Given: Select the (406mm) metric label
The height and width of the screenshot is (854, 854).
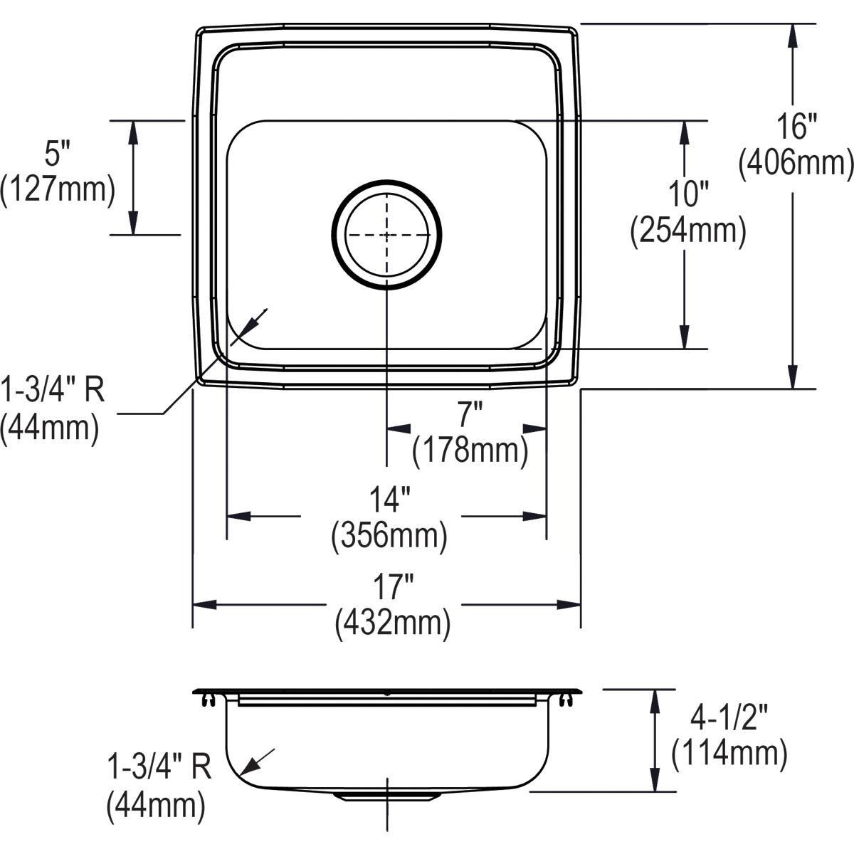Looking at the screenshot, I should click(x=795, y=164).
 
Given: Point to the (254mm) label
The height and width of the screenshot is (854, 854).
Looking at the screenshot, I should click(x=687, y=231).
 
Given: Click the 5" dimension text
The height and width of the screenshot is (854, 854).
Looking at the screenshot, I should click(x=58, y=153).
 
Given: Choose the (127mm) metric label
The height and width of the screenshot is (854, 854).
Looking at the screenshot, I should click(x=57, y=190).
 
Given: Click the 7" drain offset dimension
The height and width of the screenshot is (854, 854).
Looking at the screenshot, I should click(x=470, y=413).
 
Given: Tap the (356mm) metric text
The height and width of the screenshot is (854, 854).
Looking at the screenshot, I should click(x=389, y=536).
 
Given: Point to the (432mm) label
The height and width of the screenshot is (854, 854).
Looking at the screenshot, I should click(x=392, y=623).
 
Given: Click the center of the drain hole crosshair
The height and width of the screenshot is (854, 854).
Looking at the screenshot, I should click(x=386, y=234).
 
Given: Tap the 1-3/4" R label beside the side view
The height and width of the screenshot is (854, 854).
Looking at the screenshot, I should click(x=159, y=769).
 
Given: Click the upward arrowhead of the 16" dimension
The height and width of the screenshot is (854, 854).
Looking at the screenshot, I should click(x=793, y=36).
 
